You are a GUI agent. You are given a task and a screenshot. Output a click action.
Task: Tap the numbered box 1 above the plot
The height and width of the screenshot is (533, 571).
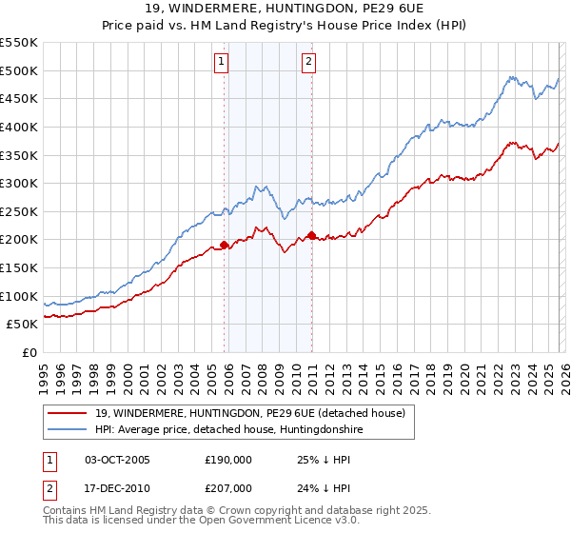(x=221, y=63)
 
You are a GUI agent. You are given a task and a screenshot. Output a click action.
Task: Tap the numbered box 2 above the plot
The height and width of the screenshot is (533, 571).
(x=309, y=63)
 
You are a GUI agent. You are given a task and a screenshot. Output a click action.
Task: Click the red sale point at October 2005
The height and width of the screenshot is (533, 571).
(x=225, y=245)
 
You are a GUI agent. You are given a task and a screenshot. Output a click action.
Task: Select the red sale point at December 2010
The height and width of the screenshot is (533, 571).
(x=312, y=235)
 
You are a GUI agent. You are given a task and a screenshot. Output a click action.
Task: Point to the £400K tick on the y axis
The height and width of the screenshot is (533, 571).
(x=19, y=127)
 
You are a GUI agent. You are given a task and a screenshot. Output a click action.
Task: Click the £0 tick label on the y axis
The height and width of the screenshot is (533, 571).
(x=29, y=353)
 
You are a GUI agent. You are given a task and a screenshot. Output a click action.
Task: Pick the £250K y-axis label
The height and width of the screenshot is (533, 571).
(x=19, y=211)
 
